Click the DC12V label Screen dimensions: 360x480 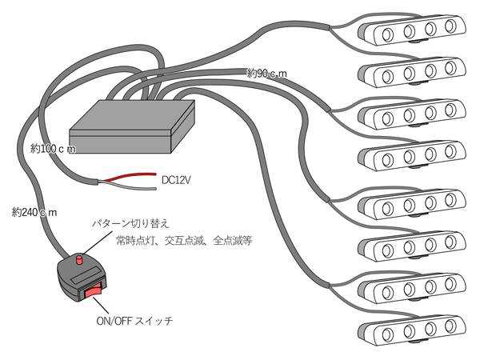coord(177,182)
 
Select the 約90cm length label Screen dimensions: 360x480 coord(267,74)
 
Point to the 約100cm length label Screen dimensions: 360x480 coord(53,149)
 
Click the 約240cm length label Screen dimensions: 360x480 coord(34,212)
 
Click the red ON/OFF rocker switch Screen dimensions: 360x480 coord(95,291)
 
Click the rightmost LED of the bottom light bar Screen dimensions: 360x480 coord(454,329)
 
